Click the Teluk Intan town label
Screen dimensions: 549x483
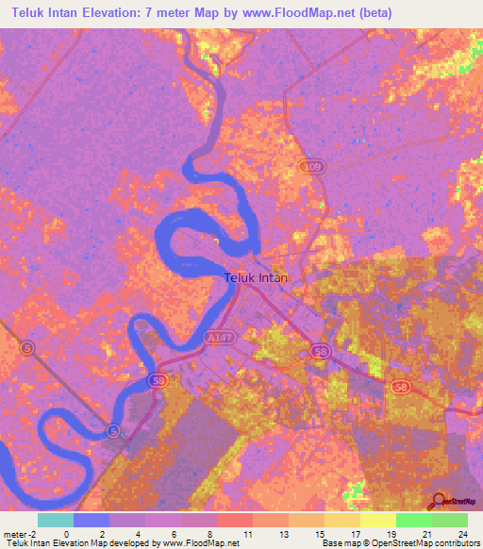257,279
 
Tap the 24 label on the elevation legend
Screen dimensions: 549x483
462,534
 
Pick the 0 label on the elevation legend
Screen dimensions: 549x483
66,534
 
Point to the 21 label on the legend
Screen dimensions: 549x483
427,534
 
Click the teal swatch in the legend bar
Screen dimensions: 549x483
56,520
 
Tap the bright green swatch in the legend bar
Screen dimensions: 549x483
413,520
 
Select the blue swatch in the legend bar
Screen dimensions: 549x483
92,520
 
